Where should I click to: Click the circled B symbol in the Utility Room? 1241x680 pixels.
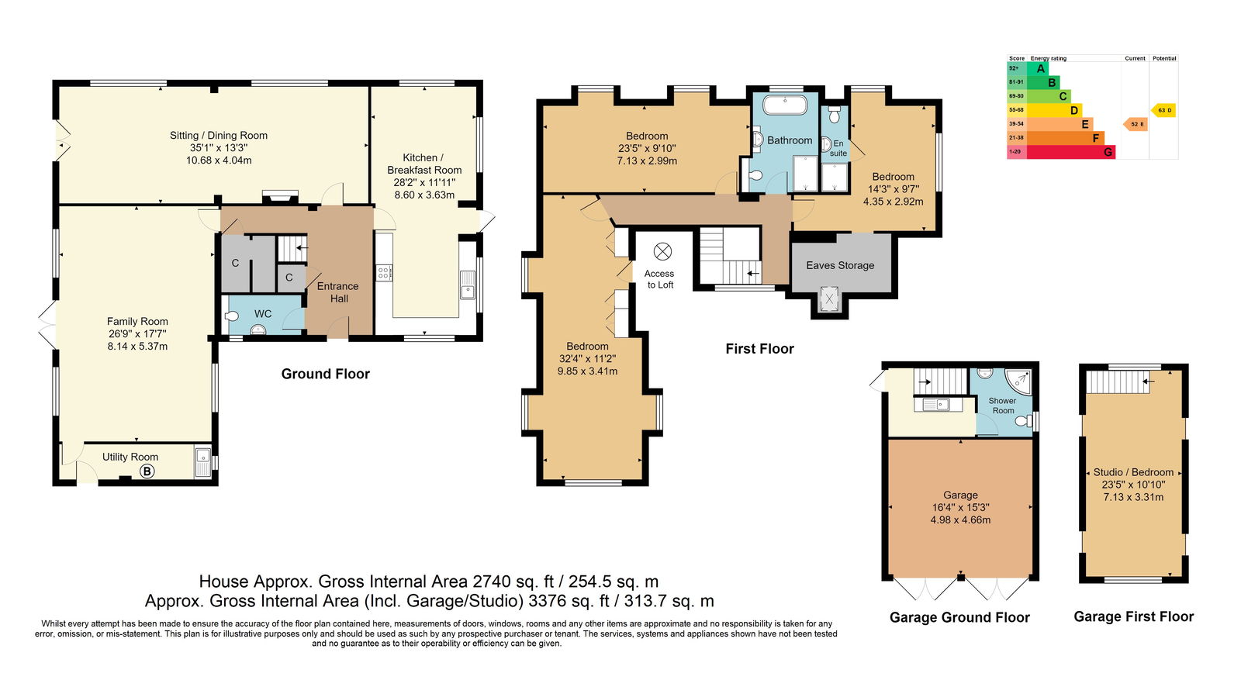[147, 471]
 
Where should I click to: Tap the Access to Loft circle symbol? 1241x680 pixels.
[662, 251]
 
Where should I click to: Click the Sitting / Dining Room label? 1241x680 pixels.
[219, 136]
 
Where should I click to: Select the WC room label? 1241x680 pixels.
[263, 314]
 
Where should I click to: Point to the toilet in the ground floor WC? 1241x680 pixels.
[232, 316]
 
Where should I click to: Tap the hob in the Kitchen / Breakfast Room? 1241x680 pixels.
[384, 272]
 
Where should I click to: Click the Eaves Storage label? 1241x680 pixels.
[840, 265]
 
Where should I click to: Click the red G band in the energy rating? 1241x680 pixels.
[1070, 152]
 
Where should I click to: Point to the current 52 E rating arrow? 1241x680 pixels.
[1136, 124]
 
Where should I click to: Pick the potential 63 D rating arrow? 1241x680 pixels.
[1163, 110]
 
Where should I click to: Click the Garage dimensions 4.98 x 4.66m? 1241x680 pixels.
[960, 520]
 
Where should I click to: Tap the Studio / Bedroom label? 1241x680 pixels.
[1133, 472]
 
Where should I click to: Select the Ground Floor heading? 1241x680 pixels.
[325, 374]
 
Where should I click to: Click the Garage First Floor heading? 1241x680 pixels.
[1133, 616]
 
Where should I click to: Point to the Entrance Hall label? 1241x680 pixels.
[338, 292]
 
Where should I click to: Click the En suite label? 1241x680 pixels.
[838, 148]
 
